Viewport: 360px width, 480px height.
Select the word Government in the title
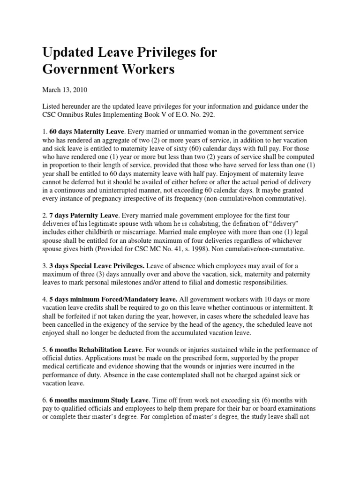coord(76,70)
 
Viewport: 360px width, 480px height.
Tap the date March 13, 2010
coord(65,90)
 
